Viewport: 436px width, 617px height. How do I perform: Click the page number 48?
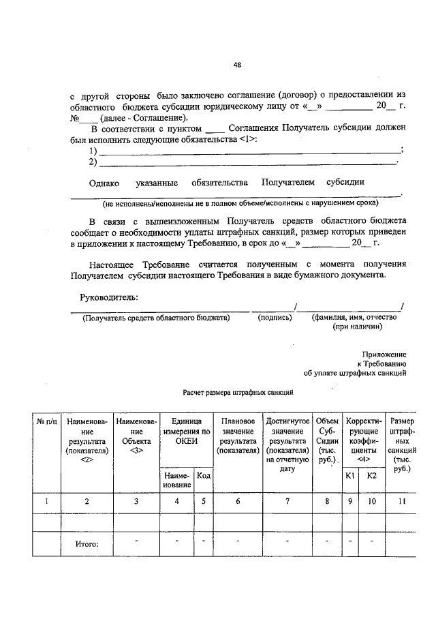237,65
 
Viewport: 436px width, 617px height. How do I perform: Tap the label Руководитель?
109,297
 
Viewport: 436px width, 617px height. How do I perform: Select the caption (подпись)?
275,318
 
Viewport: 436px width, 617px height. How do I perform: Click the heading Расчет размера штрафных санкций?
238,393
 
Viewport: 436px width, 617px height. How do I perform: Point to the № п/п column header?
47,422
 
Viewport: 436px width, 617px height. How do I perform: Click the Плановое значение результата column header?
238,436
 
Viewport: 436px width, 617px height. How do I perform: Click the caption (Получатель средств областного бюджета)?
156,318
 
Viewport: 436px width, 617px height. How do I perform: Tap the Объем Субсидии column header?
326,440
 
